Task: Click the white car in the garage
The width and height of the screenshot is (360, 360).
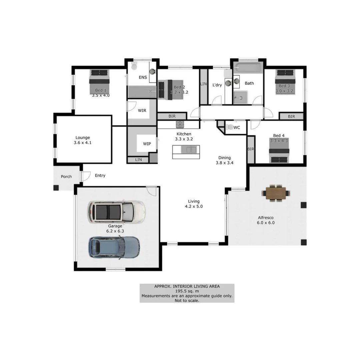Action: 116,212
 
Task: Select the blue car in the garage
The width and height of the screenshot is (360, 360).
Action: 114,247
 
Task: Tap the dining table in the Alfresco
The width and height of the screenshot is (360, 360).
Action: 276,193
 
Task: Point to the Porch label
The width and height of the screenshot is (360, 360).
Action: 66,177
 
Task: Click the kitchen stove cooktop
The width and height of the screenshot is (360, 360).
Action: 180,124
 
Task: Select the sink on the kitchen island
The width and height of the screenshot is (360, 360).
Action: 191,150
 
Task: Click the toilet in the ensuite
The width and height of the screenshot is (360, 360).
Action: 134,67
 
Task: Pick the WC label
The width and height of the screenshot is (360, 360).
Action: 237,128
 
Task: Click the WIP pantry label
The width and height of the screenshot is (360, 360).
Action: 147,144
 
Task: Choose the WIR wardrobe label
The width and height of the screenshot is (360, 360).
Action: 142,110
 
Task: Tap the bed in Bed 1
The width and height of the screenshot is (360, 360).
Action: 99,81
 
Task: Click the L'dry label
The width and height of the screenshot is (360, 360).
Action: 217,85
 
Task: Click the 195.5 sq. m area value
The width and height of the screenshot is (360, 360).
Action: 187,291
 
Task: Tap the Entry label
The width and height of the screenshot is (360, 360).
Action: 100,175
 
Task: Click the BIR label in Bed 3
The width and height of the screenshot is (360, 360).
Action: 291,117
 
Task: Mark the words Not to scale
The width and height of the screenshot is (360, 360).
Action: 187,300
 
